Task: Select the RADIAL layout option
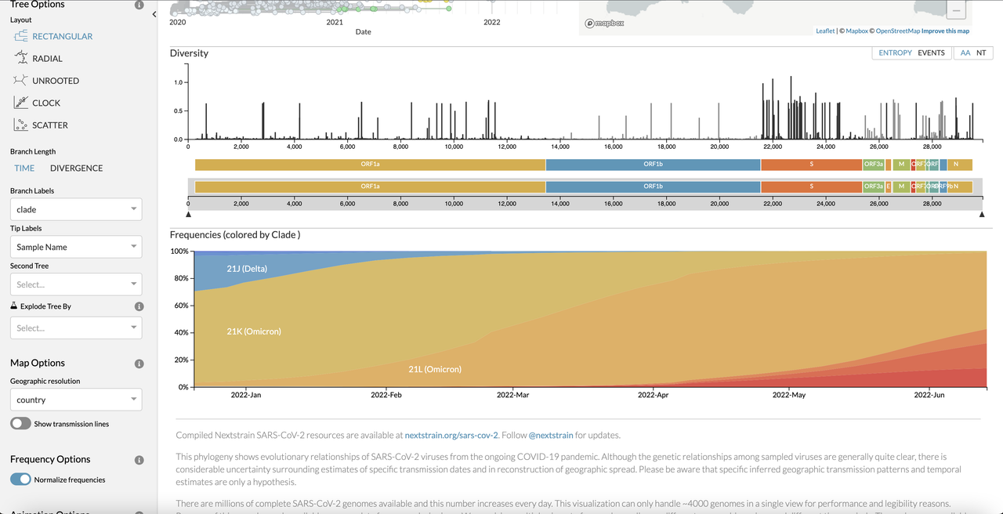(46, 59)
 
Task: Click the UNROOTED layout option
(55, 81)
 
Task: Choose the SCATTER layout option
(49, 125)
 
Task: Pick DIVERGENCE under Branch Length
(76, 168)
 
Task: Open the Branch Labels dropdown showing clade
(76, 209)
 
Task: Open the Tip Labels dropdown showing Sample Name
(76, 247)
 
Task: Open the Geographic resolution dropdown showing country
(76, 400)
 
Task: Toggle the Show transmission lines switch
(21, 424)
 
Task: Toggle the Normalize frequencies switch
(21, 480)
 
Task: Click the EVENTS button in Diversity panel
(931, 53)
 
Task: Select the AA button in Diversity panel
(965, 53)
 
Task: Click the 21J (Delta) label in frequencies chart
(247, 269)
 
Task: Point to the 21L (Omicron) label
(435, 369)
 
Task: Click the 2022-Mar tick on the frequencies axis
(512, 395)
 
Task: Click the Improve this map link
(945, 31)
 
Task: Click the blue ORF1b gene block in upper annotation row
(653, 165)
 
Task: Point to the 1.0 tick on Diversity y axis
(179, 82)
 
